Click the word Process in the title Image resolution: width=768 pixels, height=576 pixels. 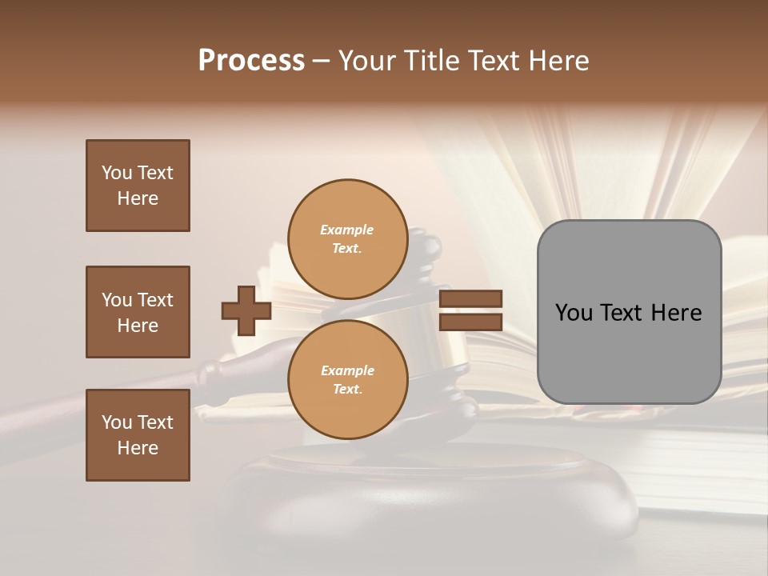251,61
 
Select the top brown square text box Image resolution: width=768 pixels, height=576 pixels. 138,186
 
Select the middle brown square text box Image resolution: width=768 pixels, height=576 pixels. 138,312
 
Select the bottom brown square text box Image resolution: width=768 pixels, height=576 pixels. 138,435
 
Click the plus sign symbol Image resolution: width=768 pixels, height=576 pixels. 246,310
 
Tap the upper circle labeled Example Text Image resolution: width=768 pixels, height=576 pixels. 347,238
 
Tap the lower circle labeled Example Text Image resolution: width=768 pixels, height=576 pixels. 347,379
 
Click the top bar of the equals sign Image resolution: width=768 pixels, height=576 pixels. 470,299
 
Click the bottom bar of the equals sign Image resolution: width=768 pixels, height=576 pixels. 470,322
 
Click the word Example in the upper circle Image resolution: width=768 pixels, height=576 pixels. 347,230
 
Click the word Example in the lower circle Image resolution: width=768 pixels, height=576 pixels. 347,370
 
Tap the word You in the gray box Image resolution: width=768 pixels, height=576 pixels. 574,313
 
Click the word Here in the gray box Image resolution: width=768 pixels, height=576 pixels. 677,313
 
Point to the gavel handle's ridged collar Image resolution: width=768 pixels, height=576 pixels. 213,373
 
